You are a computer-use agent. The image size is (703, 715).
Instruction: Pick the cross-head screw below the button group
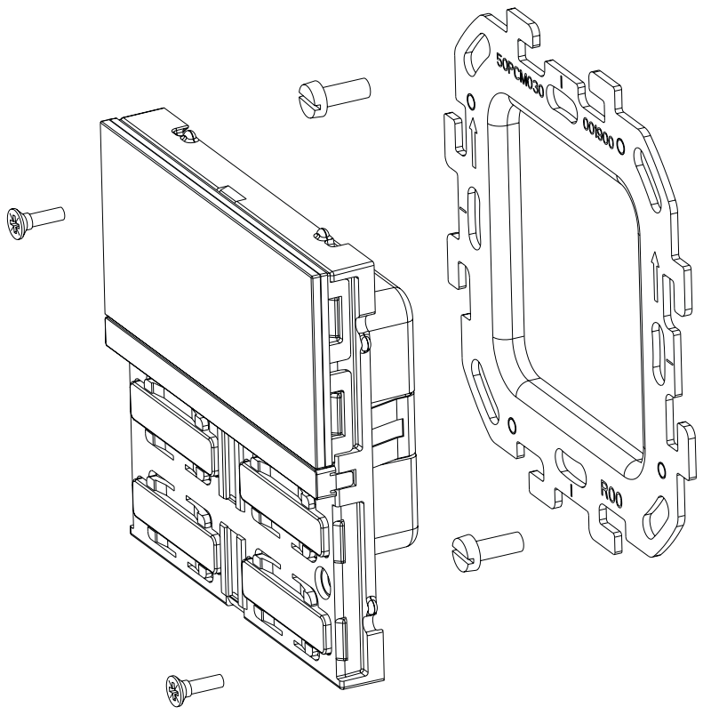click(x=194, y=684)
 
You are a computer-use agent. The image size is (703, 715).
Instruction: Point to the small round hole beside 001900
click(x=620, y=143)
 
